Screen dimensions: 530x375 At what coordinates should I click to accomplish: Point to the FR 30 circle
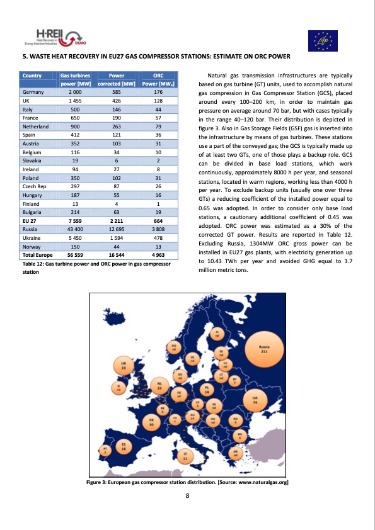pyautogui.click(x=152, y=423)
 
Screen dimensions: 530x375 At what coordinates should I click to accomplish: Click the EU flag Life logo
pyautogui.click(x=323, y=41)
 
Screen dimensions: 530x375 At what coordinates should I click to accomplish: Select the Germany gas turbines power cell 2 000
pyautogui.click(x=74, y=93)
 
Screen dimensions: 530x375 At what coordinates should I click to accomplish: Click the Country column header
pyautogui.click(x=33, y=75)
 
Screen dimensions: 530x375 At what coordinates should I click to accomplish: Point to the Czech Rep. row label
pyautogui.click(x=35, y=186)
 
